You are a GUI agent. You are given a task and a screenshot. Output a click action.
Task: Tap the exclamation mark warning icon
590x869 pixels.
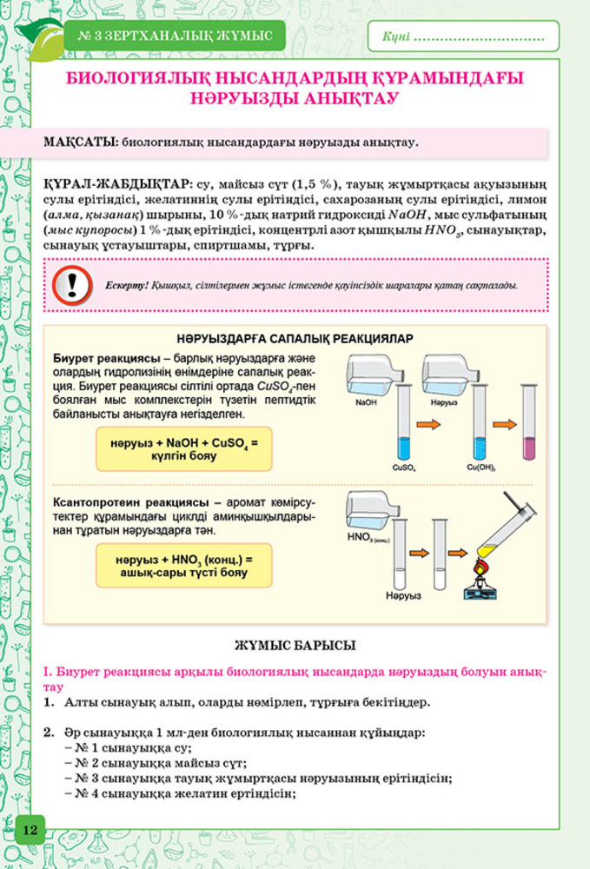[72, 284]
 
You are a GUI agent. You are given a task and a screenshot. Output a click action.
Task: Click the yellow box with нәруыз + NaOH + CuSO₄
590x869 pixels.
[184, 449]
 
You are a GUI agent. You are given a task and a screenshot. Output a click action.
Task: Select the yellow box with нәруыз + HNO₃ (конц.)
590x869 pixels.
[183, 566]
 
